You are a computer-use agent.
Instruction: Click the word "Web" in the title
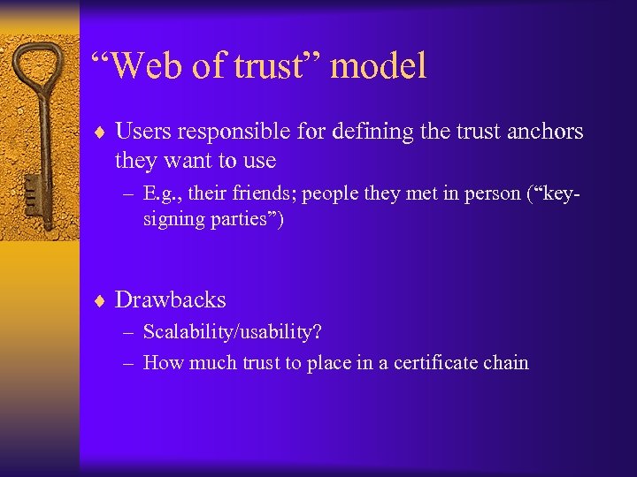pos(143,66)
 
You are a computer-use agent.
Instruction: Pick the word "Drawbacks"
pos(171,299)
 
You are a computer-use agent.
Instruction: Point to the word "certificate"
pos(429,362)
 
